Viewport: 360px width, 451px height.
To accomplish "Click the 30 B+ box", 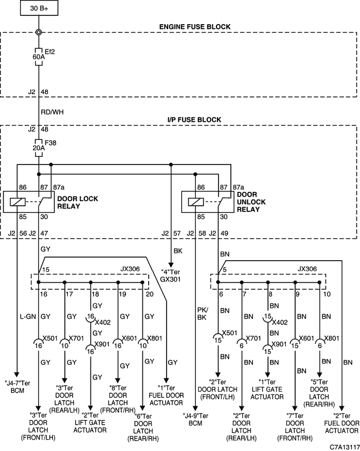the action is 39,8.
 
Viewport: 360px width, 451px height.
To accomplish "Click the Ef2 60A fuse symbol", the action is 39,57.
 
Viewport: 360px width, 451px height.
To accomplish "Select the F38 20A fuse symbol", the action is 39,148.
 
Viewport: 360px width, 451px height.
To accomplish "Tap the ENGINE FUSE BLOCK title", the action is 195,27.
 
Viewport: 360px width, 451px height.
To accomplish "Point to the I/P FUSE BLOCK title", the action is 194,120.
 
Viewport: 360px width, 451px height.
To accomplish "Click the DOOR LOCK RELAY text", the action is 78,203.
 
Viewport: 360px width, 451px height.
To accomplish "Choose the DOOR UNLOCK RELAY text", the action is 251,202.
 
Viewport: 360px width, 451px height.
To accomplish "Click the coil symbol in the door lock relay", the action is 17,202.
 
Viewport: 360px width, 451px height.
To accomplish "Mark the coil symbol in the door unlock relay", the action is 195,202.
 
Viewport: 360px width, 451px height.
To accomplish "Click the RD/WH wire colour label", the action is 52,112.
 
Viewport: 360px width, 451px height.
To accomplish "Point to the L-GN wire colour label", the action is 28,317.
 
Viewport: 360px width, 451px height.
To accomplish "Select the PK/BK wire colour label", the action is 203,314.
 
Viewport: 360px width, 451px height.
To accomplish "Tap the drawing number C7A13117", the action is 345,447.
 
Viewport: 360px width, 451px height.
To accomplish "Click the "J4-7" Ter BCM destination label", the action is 17,387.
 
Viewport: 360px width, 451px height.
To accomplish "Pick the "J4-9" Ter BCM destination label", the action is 195,419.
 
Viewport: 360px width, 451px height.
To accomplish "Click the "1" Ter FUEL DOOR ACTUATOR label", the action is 166,395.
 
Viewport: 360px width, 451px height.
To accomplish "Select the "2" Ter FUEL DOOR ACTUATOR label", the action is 341,423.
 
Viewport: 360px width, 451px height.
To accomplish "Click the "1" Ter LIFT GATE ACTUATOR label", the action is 267,389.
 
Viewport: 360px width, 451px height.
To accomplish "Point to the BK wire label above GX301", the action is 178,251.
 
